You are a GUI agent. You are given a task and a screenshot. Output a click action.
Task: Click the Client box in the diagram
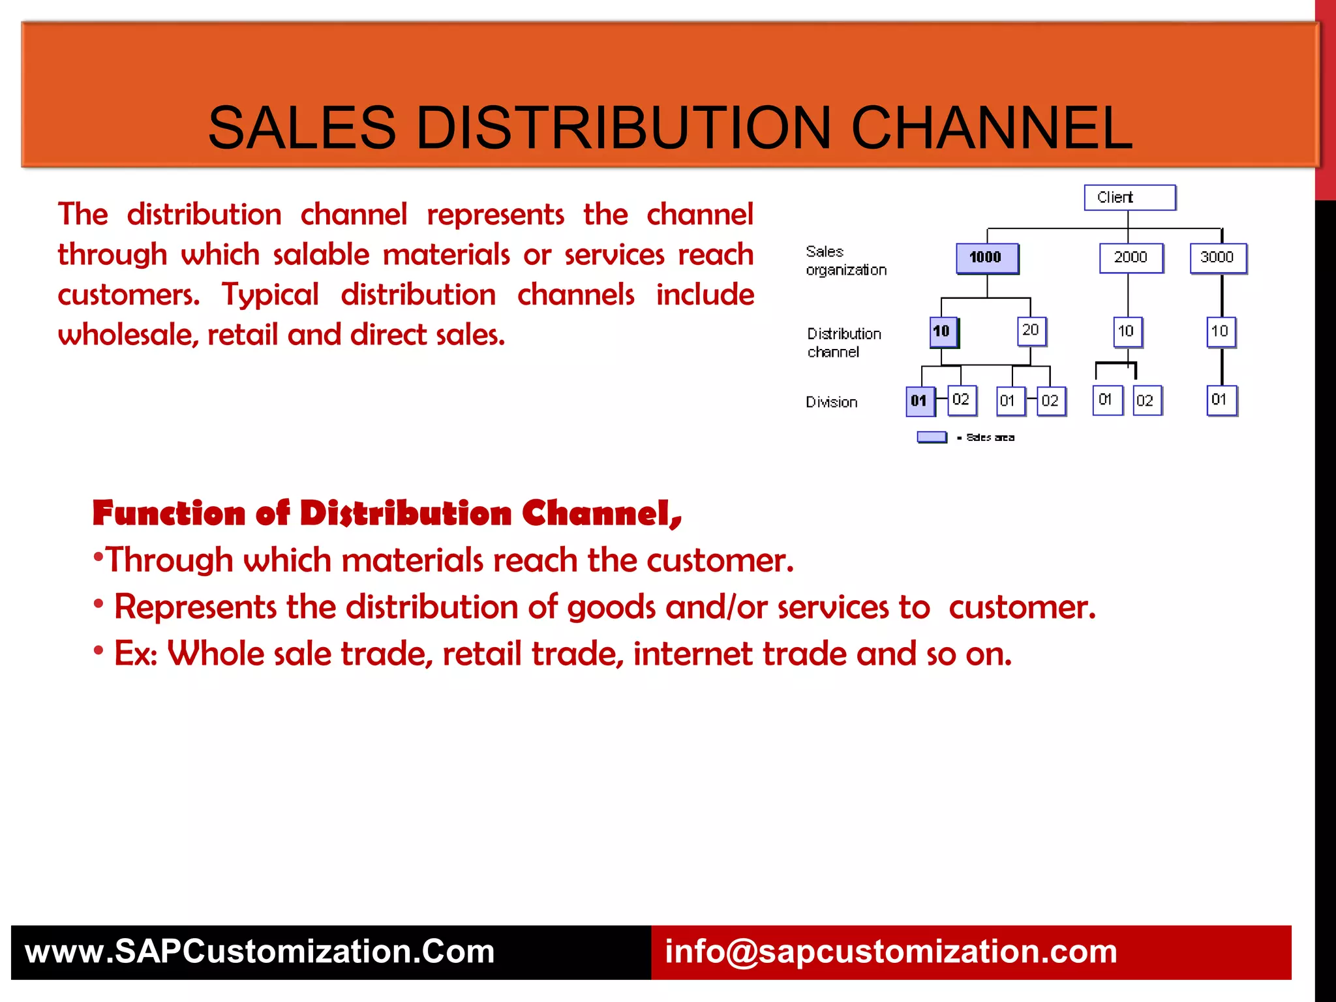tap(1129, 198)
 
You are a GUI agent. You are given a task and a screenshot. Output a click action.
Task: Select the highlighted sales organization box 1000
tap(986, 258)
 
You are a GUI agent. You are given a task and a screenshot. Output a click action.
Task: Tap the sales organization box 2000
tap(1131, 258)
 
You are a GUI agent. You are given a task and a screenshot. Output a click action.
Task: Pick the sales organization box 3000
tap(1217, 258)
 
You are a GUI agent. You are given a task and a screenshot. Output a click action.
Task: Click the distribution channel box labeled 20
tap(1031, 331)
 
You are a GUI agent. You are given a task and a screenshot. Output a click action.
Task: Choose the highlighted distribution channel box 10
tap(942, 331)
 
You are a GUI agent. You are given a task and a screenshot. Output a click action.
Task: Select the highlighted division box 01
tap(919, 401)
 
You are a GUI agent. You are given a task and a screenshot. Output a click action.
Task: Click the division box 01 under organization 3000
tap(1220, 400)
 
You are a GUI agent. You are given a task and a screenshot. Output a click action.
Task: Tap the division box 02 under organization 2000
tap(1146, 401)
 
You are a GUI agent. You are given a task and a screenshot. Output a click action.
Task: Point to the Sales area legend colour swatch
tap(932, 437)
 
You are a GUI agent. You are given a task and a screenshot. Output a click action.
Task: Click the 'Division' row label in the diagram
tap(831, 402)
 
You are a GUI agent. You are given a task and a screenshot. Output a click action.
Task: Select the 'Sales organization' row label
tap(845, 261)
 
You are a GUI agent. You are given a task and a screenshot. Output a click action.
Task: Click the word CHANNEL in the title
tap(992, 128)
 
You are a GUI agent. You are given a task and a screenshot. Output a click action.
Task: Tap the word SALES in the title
tap(301, 128)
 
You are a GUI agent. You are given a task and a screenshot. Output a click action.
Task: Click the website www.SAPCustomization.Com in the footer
tap(260, 952)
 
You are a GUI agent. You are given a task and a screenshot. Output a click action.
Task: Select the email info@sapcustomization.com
tap(890, 952)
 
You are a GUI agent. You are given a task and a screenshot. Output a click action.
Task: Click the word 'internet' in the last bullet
tap(692, 654)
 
